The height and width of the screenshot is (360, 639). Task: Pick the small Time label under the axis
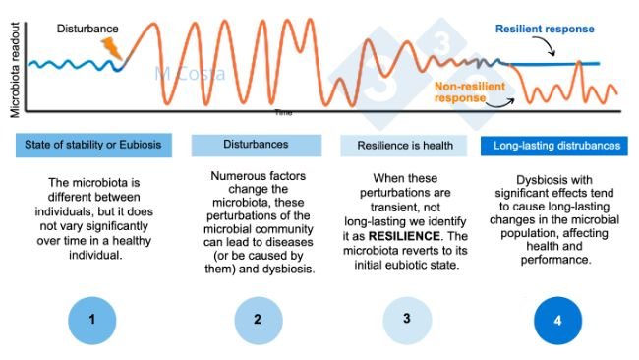pyautogui.click(x=284, y=112)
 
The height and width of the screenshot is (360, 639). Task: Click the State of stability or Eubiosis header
pyautogui.click(x=94, y=146)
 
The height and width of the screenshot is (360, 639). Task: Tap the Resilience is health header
pyautogui.click(x=410, y=146)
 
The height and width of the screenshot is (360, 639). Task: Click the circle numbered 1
pyautogui.click(x=94, y=320)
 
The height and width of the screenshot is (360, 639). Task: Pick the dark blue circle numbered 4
pyautogui.click(x=557, y=320)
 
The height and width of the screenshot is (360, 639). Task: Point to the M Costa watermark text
pyautogui.click(x=190, y=74)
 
